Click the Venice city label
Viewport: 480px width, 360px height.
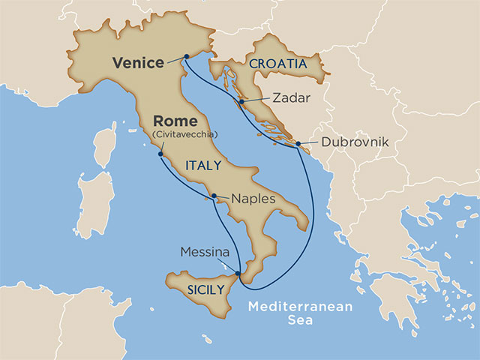(138, 63)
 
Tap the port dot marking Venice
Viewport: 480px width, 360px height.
(184, 56)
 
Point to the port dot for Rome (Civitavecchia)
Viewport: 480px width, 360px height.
(160, 154)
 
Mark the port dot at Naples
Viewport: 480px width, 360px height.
(214, 196)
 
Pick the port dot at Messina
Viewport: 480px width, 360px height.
(238, 274)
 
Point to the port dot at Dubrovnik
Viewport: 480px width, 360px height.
(298, 143)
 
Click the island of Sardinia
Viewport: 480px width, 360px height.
(96, 202)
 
